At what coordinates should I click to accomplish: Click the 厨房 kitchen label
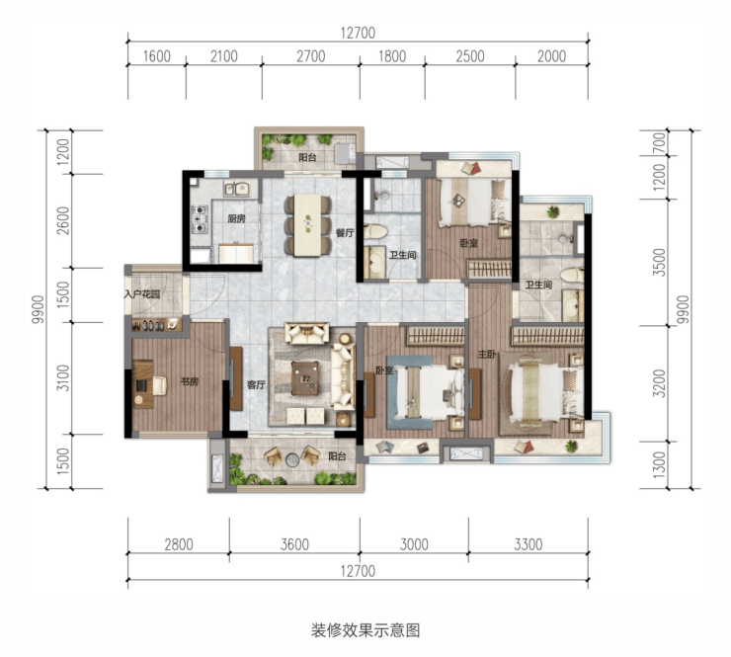[x=236, y=218]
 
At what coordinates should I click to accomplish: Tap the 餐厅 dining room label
[x=345, y=233]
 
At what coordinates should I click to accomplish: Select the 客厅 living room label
[x=256, y=384]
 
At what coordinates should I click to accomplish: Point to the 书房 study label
[x=190, y=381]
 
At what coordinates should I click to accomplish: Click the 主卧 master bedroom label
[x=487, y=355]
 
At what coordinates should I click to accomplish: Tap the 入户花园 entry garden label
[x=142, y=294]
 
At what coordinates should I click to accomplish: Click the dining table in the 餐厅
[x=307, y=224]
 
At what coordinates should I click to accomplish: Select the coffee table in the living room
[x=305, y=378]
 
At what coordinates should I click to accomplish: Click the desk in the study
[x=143, y=384]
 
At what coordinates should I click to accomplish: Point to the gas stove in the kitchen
[x=200, y=218]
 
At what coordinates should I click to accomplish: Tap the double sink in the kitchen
[x=237, y=189]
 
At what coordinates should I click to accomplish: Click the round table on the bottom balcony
[x=291, y=459]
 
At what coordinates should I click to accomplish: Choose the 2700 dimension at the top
[x=311, y=56]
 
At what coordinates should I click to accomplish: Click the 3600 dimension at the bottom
[x=294, y=544]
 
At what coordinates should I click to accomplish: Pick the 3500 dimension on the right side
[x=659, y=262]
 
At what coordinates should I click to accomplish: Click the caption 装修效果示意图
[x=365, y=630]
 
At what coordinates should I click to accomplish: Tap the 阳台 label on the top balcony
[x=307, y=157]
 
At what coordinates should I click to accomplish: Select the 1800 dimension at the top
[x=392, y=56]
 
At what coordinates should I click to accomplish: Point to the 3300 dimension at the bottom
[x=528, y=544]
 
